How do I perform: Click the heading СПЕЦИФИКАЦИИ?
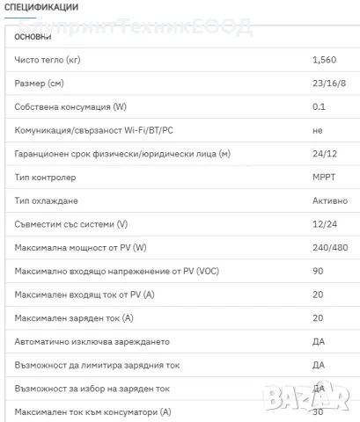41,7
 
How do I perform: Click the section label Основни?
33,37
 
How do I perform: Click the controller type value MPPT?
323,177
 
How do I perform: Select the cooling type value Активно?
329,200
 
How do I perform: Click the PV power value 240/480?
330,247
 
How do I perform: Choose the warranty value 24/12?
323,154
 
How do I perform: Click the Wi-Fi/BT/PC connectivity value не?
317,130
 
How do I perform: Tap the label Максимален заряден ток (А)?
70,317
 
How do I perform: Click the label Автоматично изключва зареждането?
92,341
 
